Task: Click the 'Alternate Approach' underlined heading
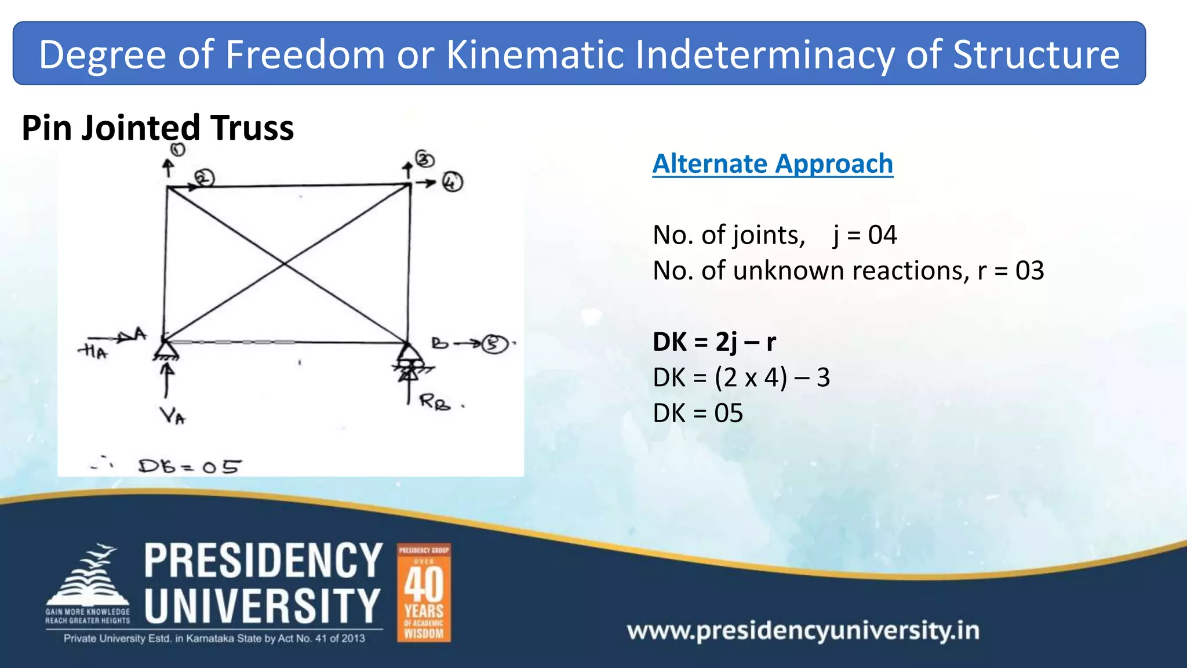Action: point(772,164)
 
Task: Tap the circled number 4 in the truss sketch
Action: point(453,183)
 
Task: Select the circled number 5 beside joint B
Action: point(494,344)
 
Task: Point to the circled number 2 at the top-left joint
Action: point(204,178)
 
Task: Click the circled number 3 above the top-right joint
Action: point(425,159)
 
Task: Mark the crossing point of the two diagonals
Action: point(284,264)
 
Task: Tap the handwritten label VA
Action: point(172,415)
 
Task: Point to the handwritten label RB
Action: point(435,401)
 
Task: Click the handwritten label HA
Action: point(93,351)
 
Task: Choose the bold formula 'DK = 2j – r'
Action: point(713,342)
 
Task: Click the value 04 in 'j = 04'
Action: point(882,235)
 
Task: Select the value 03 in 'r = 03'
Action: point(1029,271)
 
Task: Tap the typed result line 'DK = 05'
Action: point(697,413)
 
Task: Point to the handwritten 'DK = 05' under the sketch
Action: point(189,466)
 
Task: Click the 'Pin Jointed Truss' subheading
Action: point(158,128)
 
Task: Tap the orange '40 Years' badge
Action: point(424,593)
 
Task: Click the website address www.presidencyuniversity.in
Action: point(803,630)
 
